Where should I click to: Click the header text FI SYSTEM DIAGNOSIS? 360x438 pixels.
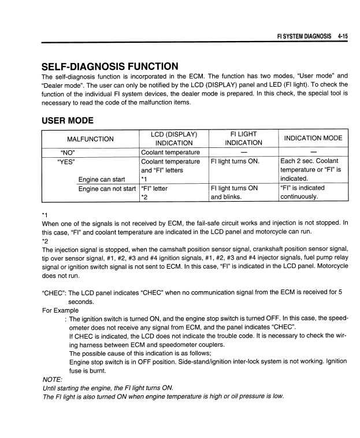coord(304,35)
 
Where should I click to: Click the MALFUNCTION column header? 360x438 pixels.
coord(90,139)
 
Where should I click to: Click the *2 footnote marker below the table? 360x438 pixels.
coord(45,241)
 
